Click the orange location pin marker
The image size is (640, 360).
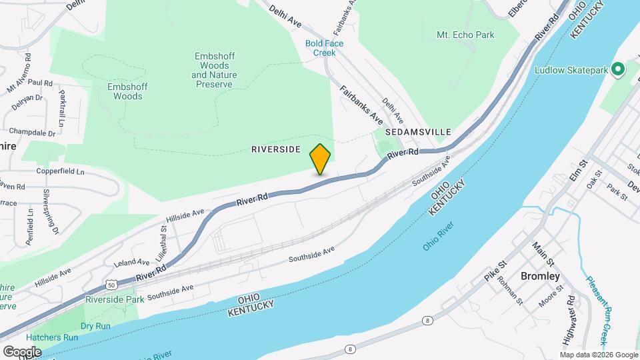click(x=321, y=159)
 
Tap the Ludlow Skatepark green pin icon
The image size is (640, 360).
click(x=617, y=69)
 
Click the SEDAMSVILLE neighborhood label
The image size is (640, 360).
click(x=418, y=133)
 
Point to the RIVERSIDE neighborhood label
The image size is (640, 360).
click(x=276, y=149)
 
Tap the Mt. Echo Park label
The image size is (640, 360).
click(x=465, y=35)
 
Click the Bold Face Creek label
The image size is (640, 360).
click(x=324, y=48)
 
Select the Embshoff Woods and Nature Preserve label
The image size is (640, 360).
click(x=213, y=71)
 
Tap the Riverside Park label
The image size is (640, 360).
click(x=115, y=300)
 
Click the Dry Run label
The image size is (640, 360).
click(x=95, y=326)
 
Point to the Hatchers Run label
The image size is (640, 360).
click(x=53, y=337)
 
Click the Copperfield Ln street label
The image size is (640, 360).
click(x=61, y=171)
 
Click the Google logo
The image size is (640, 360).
click(x=22, y=351)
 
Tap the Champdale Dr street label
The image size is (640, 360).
click(x=33, y=133)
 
